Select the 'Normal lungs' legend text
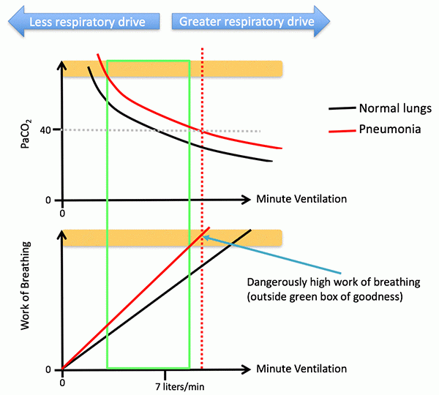click(395, 108)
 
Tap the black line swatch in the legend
click(340, 108)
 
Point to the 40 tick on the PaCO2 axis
click(45, 130)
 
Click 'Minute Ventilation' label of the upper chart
click(301, 199)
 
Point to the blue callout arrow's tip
click(204, 236)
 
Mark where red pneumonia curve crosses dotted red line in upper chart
click(202, 130)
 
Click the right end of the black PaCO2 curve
click(272, 161)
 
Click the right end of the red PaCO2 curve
click(282, 148)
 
